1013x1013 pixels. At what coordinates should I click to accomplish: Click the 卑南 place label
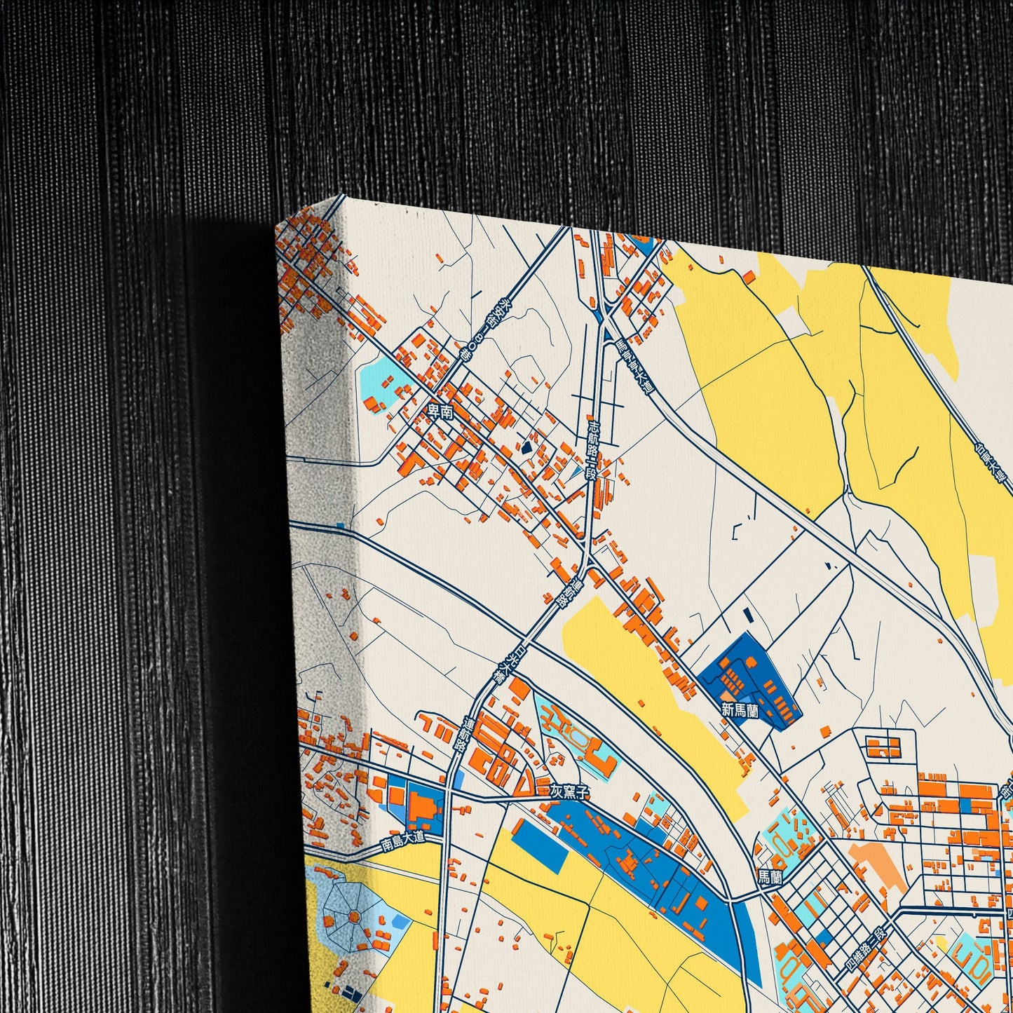click(441, 413)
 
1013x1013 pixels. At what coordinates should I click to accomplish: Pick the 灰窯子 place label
click(565, 791)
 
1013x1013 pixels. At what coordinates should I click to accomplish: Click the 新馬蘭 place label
click(740, 709)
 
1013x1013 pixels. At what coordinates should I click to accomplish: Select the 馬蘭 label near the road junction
click(769, 876)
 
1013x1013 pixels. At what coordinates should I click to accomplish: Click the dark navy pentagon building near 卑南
click(526, 446)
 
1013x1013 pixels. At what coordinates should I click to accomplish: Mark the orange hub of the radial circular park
click(352, 917)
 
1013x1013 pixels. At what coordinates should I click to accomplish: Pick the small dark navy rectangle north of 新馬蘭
click(747, 615)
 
